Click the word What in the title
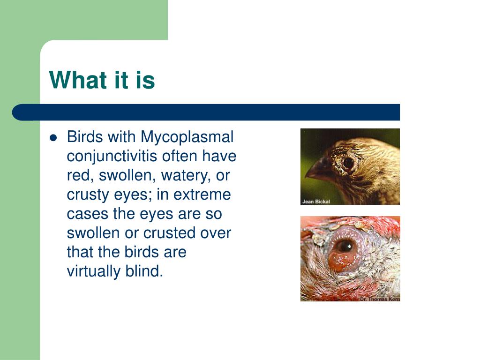(76, 80)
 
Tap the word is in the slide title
(145, 80)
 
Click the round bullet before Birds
(53, 138)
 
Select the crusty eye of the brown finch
(348, 163)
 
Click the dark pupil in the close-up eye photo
(345, 246)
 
